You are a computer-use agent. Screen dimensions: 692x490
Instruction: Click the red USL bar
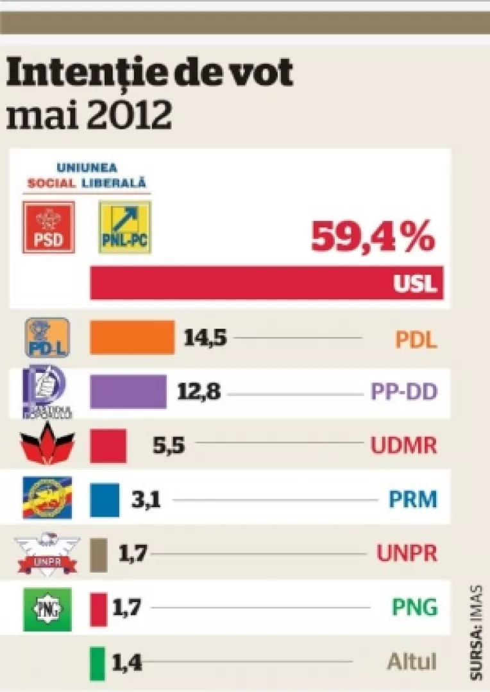point(266,282)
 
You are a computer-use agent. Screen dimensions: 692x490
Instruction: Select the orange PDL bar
point(131,337)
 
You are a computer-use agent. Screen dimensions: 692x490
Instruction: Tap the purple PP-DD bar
point(128,391)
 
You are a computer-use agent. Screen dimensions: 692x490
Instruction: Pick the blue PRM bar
point(105,499)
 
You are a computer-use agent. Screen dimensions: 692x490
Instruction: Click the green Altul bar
point(97,663)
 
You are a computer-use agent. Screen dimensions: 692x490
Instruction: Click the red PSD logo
point(49,227)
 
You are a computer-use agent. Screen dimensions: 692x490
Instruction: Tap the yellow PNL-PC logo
point(124,227)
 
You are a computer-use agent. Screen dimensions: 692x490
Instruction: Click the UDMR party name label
point(404,445)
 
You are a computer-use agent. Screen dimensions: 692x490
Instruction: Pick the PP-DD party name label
point(403,392)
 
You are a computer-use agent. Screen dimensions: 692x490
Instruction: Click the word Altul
point(412,662)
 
